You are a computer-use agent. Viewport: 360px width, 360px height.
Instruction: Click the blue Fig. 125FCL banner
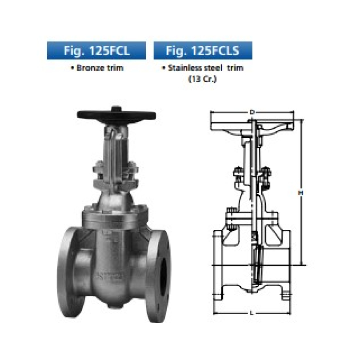[x=96, y=51]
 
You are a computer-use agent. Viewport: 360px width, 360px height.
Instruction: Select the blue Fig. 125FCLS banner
[x=203, y=51]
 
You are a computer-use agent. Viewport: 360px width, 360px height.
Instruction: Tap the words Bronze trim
[x=97, y=68]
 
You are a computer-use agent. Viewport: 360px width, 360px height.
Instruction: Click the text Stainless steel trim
[x=203, y=68]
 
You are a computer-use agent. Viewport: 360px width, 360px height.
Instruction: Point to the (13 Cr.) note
[x=203, y=79]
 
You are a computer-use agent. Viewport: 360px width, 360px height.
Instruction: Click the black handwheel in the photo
[x=116, y=115]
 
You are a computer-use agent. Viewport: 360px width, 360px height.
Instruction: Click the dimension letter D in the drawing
[x=252, y=112]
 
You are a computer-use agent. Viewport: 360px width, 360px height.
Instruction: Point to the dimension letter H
[x=300, y=193]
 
